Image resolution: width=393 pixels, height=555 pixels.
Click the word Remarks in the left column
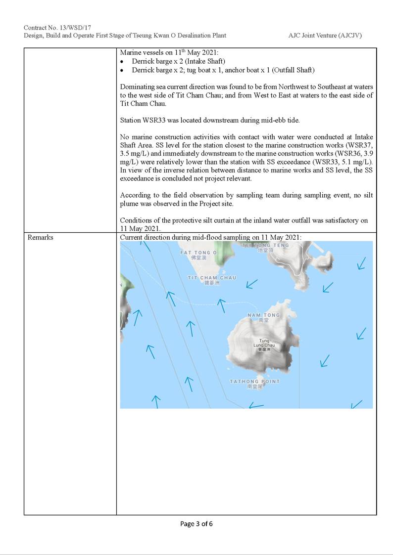[41, 237]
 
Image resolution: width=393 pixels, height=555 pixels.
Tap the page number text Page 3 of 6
[196, 524]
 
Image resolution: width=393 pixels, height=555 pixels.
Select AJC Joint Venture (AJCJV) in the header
[328, 36]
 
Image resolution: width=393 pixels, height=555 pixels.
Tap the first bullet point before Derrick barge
[122, 61]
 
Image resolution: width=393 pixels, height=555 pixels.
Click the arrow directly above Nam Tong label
[222, 305]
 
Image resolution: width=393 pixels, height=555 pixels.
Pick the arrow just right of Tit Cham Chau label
[252, 284]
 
